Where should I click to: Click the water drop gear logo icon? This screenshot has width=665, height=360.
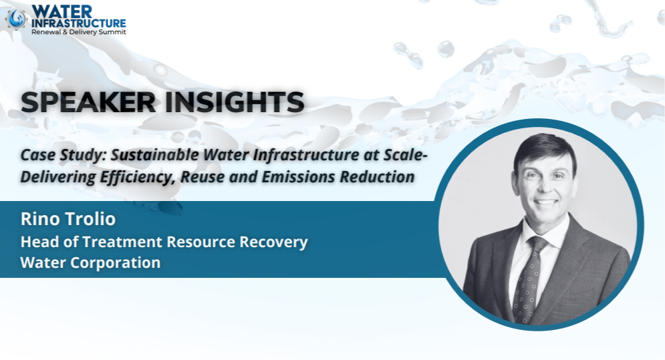(x=17, y=19)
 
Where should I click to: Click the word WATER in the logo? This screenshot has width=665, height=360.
(x=62, y=12)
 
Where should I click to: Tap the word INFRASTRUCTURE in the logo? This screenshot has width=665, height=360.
(x=79, y=23)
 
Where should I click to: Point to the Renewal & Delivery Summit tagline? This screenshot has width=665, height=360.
(x=79, y=32)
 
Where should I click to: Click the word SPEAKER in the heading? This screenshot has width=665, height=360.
(x=88, y=102)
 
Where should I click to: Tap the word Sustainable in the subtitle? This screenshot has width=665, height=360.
(x=155, y=155)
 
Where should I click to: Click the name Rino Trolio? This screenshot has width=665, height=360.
(x=68, y=219)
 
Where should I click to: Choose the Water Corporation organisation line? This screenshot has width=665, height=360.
(x=90, y=263)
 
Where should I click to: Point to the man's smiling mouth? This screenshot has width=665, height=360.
(x=546, y=202)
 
